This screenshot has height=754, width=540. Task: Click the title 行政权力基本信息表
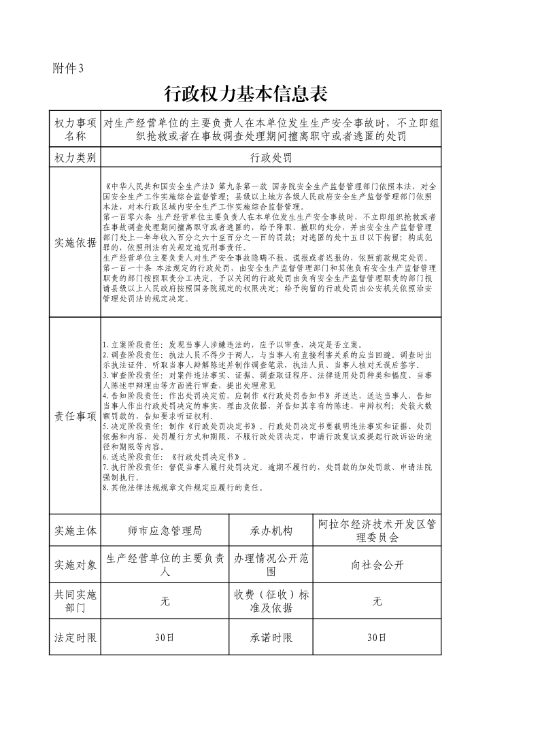(x=246, y=93)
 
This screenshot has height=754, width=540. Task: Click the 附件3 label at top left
(x=68, y=68)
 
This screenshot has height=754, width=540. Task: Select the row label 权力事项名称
(x=75, y=129)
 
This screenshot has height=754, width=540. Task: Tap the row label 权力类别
(x=75, y=157)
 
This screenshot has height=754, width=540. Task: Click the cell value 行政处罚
(x=270, y=157)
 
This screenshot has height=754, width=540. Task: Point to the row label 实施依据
(x=75, y=243)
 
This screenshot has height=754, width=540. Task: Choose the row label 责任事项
(x=75, y=416)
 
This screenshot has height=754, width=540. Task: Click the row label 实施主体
(x=75, y=531)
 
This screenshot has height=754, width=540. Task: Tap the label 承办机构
(x=270, y=531)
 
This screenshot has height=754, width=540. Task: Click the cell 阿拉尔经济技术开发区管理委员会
(x=377, y=531)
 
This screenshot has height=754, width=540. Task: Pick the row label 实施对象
(x=75, y=565)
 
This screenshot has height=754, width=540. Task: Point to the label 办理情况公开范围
(x=270, y=565)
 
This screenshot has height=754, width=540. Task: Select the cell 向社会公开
(x=377, y=565)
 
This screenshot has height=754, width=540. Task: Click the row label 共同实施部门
(x=75, y=601)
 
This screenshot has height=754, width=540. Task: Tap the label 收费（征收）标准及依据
(x=270, y=601)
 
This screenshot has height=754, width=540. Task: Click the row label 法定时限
(x=75, y=638)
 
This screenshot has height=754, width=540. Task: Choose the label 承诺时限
(x=270, y=638)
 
